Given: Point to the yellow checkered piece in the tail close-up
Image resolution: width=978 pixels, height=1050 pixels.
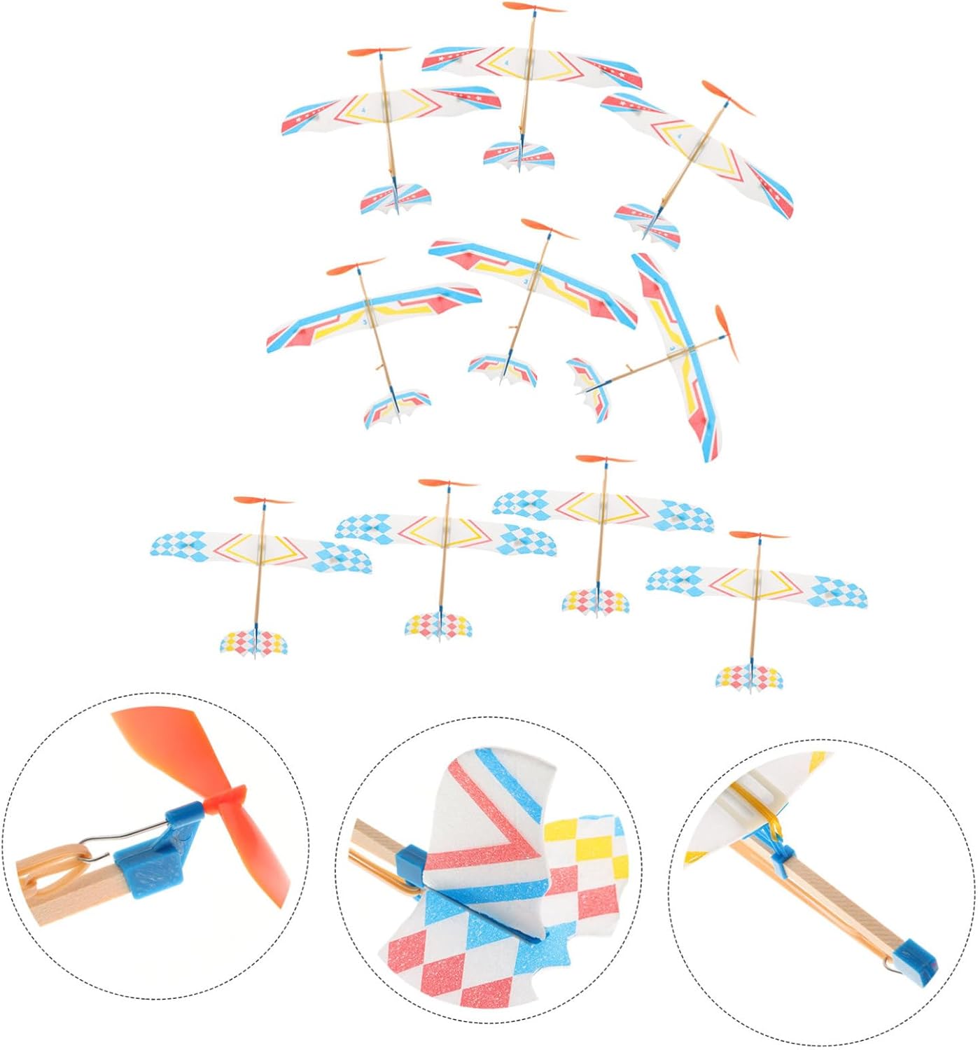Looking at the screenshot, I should click(585, 847).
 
